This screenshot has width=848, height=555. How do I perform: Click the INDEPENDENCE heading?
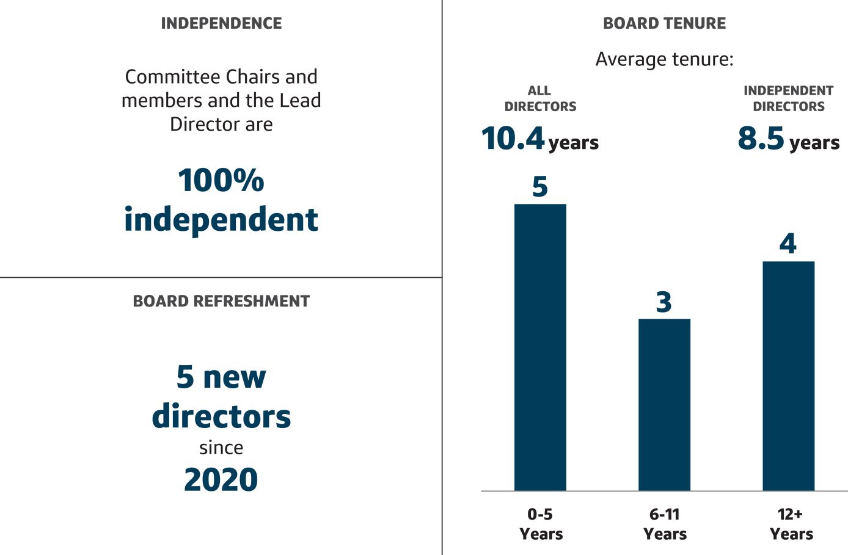tap(221, 24)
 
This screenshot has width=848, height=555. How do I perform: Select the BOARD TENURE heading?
tap(664, 24)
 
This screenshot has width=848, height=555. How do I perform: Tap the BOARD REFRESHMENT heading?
tap(221, 301)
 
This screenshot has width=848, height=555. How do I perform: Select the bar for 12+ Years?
tap(788, 375)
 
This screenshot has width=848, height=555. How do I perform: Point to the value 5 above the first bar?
tap(540, 187)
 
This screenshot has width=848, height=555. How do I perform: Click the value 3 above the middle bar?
tap(664, 302)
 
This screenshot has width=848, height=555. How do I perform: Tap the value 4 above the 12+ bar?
tap(788, 244)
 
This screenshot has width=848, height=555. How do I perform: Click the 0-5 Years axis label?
tap(541, 524)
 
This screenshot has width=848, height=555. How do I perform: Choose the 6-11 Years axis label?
tap(665, 524)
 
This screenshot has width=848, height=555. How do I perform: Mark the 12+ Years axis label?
tap(791, 524)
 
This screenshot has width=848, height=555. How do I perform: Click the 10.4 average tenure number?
tap(513, 139)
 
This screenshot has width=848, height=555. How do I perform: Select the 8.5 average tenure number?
tap(761, 139)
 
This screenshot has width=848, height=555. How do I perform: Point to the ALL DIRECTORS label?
tap(540, 98)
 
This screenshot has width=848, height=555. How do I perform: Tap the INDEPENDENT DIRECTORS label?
tap(788, 98)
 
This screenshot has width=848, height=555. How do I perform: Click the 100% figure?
tap(221, 181)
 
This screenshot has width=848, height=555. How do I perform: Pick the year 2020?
tap(221, 480)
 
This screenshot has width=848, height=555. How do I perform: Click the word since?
tap(221, 448)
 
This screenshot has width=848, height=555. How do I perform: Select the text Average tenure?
tap(664, 59)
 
